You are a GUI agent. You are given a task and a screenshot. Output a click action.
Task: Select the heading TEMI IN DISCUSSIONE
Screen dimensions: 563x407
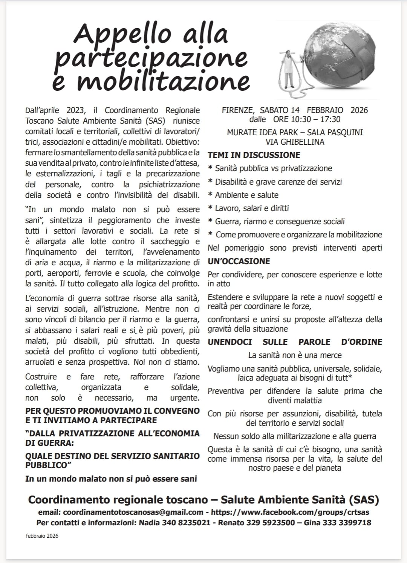pos(254,155)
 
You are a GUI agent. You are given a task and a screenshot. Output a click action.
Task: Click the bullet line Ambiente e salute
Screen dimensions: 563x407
pos(246,195)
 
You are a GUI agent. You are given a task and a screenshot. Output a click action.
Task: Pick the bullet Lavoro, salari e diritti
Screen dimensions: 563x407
pos(252,208)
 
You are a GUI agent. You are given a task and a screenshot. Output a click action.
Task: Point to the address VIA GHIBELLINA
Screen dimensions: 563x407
pos(295,142)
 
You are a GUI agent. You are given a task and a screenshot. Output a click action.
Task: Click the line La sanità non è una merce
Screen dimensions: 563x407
pos(295,355)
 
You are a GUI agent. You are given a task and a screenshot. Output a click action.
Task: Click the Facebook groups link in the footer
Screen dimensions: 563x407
pos(290,513)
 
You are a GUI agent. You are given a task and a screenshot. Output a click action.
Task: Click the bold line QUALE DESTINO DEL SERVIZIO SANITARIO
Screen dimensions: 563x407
pos(112,456)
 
